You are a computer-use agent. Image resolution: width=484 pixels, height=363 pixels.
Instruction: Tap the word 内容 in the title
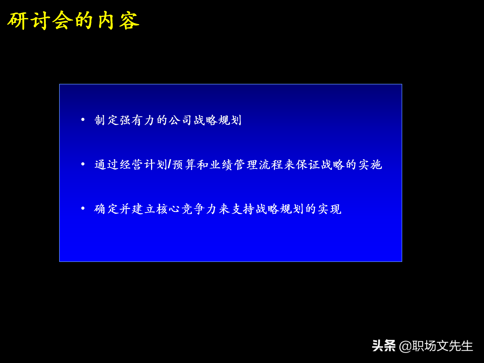pyautogui.click(x=118, y=21)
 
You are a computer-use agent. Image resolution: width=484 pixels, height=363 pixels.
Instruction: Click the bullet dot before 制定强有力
pyautogui.click(x=83, y=119)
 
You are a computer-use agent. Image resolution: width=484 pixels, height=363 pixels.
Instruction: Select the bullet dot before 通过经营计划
pyautogui.click(x=83, y=164)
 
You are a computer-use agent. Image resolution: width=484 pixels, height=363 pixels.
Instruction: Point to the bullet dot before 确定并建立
pyautogui.click(x=83, y=208)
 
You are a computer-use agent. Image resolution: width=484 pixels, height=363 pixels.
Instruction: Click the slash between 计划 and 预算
pyautogui.click(x=169, y=165)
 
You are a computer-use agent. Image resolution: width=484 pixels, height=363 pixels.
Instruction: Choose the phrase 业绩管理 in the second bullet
pyautogui.click(x=234, y=165)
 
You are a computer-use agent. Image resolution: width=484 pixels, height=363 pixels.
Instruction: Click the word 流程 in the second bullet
pyautogui.click(x=271, y=165)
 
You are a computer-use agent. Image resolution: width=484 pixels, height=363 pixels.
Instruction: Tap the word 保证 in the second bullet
pyautogui.click(x=308, y=165)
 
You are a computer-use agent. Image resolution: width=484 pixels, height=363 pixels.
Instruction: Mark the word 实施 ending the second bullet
pyautogui.click(x=370, y=165)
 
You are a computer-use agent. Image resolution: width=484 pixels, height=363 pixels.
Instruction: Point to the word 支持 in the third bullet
pyautogui.click(x=242, y=209)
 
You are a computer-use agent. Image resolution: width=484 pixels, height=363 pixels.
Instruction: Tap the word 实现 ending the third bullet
pyautogui.click(x=329, y=209)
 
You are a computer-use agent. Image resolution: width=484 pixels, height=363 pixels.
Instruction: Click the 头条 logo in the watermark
pyautogui.click(x=383, y=346)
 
